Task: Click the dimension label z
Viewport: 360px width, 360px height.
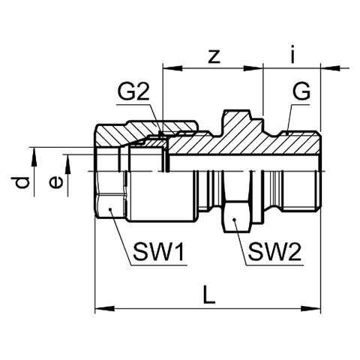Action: (214, 56)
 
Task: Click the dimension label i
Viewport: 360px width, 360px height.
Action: (292, 54)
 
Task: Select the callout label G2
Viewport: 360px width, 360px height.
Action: (133, 91)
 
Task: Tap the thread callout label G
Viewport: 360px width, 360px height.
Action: (301, 91)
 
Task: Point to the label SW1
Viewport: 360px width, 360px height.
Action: (159, 252)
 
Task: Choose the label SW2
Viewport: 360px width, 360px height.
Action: (274, 252)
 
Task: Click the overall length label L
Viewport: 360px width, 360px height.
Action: (209, 295)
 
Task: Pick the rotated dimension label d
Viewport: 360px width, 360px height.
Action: (21, 182)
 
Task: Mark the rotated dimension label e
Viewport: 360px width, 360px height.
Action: (56, 182)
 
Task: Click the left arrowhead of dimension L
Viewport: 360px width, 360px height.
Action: (104, 309)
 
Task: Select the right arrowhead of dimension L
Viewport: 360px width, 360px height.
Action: (310, 309)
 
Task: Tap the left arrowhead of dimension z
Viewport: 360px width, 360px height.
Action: (172, 68)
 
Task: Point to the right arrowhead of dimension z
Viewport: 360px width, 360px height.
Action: (253, 68)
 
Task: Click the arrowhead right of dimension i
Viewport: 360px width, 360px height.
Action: (330, 68)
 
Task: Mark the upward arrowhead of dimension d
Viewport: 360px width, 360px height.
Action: (34, 157)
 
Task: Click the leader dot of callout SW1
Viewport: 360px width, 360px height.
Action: (109, 209)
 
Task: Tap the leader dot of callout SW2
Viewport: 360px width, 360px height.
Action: (234, 220)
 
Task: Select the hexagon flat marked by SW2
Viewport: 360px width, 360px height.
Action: (237, 217)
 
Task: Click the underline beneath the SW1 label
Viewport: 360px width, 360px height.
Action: (159, 265)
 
